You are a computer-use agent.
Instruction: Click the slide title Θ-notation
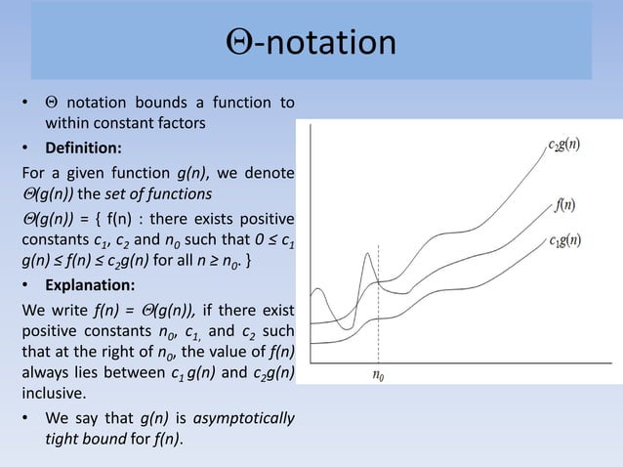(x=311, y=44)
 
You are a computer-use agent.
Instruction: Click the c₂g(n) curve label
(x=562, y=148)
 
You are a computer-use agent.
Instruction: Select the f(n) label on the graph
(x=564, y=206)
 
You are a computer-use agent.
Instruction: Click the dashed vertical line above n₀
(x=378, y=313)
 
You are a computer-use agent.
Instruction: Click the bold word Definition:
(x=86, y=149)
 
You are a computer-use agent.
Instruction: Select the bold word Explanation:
(x=91, y=286)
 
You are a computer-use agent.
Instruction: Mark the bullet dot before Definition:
(x=26, y=149)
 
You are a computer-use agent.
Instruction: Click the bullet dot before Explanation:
(x=26, y=286)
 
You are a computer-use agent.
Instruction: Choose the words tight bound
(x=89, y=440)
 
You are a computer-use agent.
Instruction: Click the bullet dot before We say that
(x=26, y=418)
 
